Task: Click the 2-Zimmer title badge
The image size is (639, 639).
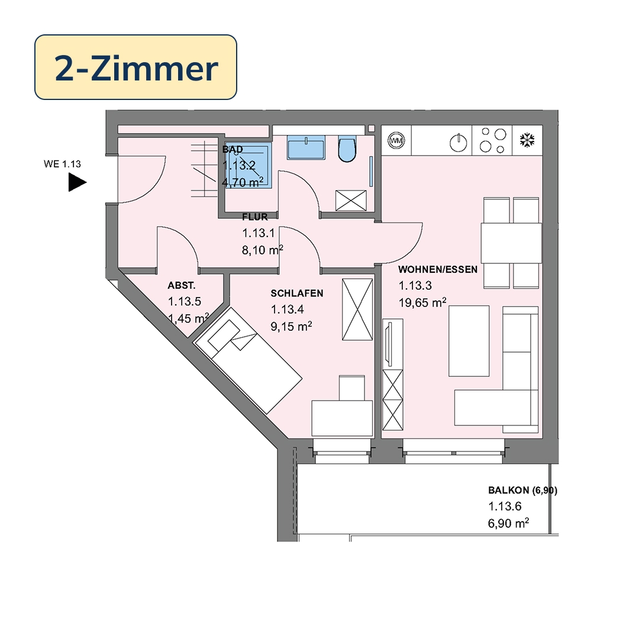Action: (x=135, y=67)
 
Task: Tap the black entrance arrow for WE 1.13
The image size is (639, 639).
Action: (x=77, y=182)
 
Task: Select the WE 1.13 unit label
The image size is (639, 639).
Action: (x=62, y=164)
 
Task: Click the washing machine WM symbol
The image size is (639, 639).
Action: (x=395, y=141)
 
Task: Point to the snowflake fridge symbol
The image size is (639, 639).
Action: (x=527, y=141)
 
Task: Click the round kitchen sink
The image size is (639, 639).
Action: (x=456, y=142)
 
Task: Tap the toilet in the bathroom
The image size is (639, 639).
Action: (x=347, y=150)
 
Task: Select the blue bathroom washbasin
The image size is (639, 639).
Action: (x=306, y=146)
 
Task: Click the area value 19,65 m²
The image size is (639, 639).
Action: (x=422, y=303)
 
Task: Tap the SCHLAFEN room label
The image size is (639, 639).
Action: (x=296, y=293)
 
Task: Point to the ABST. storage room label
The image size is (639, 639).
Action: (x=180, y=285)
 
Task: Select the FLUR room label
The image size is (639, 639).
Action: (x=256, y=217)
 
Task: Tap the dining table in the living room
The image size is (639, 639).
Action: (x=511, y=243)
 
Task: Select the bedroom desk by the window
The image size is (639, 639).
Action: (x=342, y=418)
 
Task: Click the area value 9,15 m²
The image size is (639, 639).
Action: (x=291, y=326)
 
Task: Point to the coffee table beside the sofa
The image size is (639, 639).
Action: (x=469, y=341)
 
